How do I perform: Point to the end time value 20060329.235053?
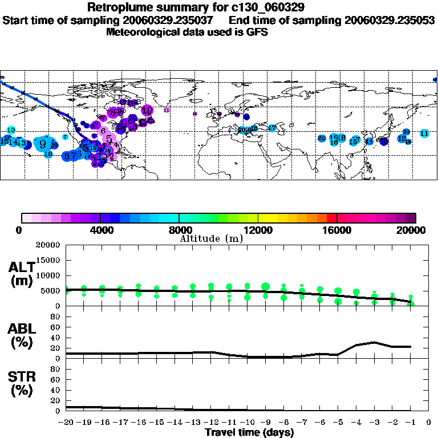(x=390, y=20)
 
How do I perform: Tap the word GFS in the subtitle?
(x=257, y=32)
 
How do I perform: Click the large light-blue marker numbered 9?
(x=43, y=144)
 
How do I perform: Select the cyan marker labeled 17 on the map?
(x=272, y=128)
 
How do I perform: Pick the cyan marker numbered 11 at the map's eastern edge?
(x=424, y=133)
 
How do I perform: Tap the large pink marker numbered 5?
(x=108, y=139)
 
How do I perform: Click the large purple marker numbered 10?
(x=147, y=110)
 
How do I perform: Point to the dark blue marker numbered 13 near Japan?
(x=384, y=141)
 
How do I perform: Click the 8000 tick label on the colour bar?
(x=179, y=230)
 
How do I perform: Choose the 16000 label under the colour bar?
(x=337, y=230)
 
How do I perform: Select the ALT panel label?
(x=22, y=267)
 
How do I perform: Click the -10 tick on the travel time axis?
(x=247, y=423)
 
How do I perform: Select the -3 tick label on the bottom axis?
(x=374, y=423)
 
